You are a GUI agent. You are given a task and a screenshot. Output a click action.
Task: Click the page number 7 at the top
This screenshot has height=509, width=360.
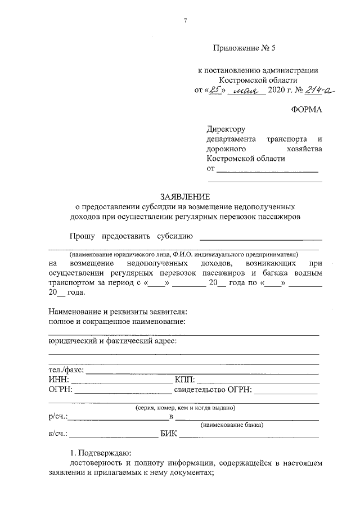pos(185,21)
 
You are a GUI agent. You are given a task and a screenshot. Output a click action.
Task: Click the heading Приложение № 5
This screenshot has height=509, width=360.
pos(245,49)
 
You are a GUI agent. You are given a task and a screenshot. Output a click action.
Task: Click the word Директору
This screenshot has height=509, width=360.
pos(227,129)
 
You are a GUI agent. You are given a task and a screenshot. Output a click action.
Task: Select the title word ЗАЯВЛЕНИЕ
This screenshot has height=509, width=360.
pos(184,197)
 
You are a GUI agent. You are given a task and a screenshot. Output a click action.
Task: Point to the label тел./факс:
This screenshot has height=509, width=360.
pos(66,370)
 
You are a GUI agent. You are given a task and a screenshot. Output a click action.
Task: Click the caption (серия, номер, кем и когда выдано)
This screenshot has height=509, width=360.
pos(183,407)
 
